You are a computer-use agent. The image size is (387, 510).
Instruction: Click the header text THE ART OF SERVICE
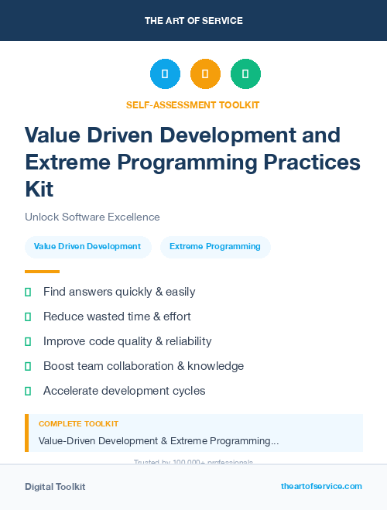pos(193,21)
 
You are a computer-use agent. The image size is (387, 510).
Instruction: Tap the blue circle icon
pos(165,74)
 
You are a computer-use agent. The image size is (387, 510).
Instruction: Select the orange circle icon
pos(205,74)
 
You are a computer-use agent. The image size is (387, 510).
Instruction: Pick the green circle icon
pos(245,74)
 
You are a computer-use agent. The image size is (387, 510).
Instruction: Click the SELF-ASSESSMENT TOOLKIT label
pos(193,104)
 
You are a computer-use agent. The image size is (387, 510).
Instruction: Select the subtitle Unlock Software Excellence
pos(92,217)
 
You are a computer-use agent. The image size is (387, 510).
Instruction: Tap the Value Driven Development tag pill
pos(87,247)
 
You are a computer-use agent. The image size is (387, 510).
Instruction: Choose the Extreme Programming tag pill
pos(215,247)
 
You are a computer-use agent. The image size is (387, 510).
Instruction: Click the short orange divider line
pos(42,272)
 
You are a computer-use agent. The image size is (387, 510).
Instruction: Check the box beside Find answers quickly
pos(29,293)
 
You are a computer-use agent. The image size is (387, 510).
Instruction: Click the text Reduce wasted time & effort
pos(117,317)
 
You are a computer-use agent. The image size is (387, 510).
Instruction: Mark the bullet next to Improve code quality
pos(29,341)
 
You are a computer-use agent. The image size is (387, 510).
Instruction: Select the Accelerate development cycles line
pos(124,391)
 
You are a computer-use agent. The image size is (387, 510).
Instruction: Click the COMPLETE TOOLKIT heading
pos(78,424)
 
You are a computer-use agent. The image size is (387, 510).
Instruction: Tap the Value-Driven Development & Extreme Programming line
pos(159,441)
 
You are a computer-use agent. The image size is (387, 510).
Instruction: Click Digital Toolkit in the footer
pos(55,487)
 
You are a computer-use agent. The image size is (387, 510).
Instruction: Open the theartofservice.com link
pos(321,486)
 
